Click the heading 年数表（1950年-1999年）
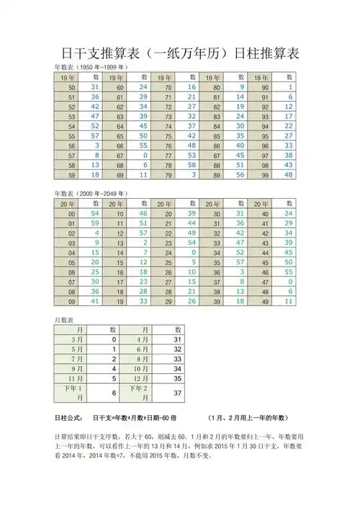tap(92, 67)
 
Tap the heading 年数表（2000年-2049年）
tap(92, 194)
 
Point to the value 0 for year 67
tap(145, 154)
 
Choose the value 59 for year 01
tap(94, 224)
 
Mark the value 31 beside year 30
tap(240, 214)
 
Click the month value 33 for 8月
tap(177, 358)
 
